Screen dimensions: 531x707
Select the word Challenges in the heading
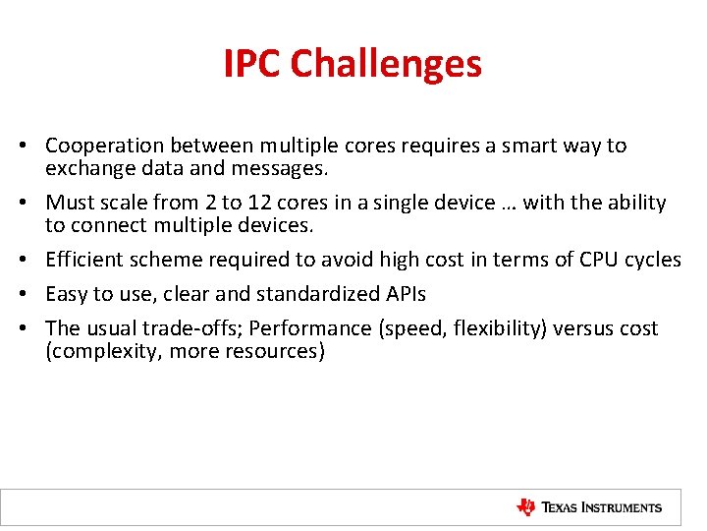[x=386, y=64]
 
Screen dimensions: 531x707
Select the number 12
[x=258, y=204]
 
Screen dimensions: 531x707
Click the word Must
[x=70, y=204]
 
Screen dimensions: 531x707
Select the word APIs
[x=405, y=294]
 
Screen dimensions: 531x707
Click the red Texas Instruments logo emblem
[x=527, y=507]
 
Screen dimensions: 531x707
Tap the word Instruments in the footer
[x=623, y=508]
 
